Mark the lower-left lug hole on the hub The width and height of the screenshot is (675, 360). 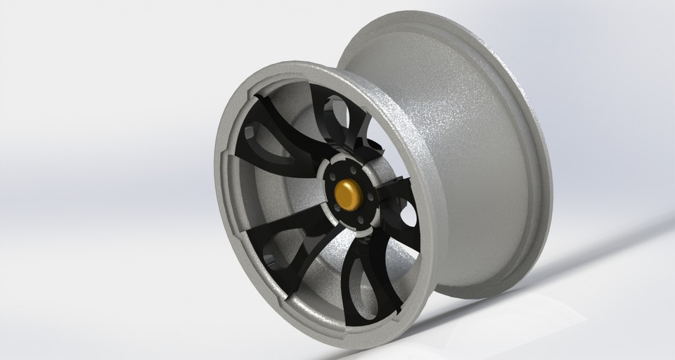coord(336,208)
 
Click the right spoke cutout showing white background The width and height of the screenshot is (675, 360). coord(406,214)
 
